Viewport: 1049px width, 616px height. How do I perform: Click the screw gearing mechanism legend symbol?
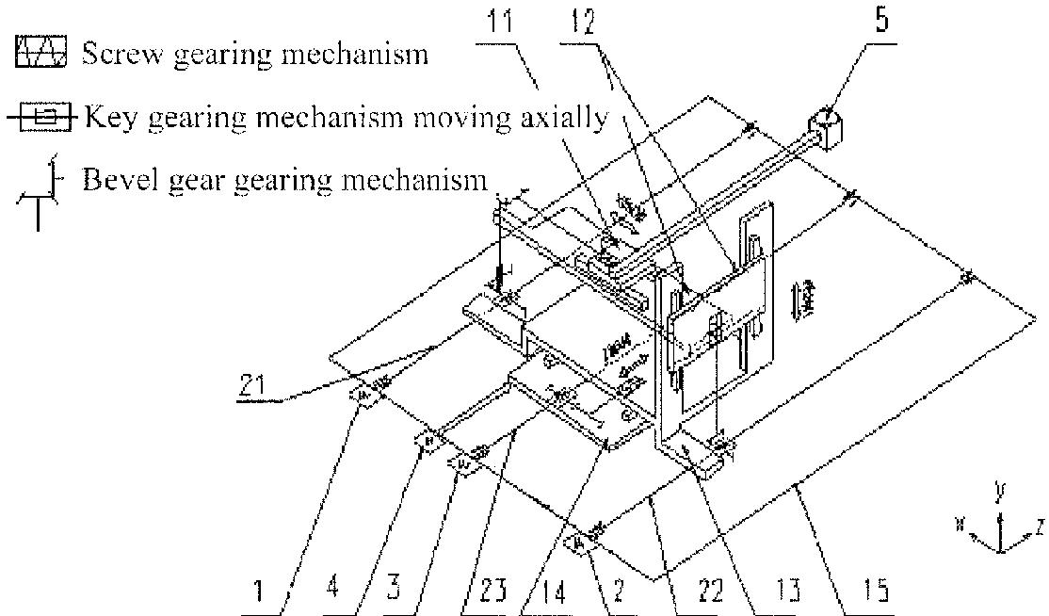point(41,53)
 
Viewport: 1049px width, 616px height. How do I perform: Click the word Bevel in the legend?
point(113,179)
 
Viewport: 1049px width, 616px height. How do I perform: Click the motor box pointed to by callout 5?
point(826,129)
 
